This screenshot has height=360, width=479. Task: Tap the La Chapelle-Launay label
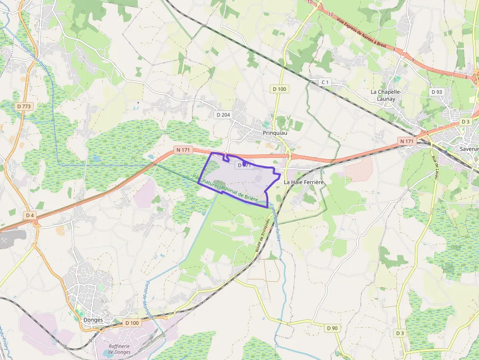pyautogui.click(x=386, y=95)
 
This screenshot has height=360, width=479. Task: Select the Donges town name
pyautogui.click(x=93, y=320)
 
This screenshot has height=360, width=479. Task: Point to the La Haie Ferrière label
pyautogui.click(x=304, y=182)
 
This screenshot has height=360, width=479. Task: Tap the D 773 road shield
pyautogui.click(x=23, y=106)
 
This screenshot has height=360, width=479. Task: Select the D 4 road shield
pyautogui.click(x=30, y=215)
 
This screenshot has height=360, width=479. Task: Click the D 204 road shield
pyautogui.click(x=222, y=115)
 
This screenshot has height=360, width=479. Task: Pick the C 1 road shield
pyautogui.click(x=325, y=82)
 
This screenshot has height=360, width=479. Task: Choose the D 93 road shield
pyautogui.click(x=436, y=92)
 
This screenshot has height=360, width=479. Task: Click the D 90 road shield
pyautogui.click(x=332, y=328)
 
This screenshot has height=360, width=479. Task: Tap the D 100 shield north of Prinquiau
pyautogui.click(x=280, y=89)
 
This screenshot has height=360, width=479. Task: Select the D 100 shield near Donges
pyautogui.click(x=131, y=323)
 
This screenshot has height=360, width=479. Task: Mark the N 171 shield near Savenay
pyautogui.click(x=407, y=141)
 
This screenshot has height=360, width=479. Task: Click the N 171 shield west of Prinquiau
pyautogui.click(x=184, y=149)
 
